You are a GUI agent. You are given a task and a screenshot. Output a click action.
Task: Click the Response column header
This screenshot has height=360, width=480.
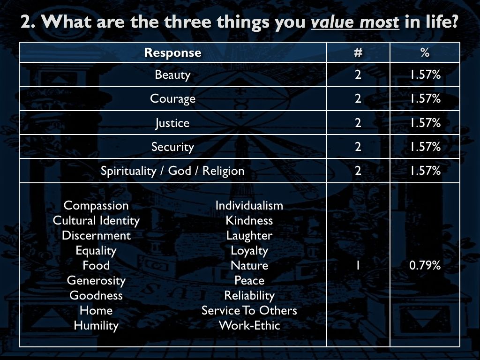coord(172,52)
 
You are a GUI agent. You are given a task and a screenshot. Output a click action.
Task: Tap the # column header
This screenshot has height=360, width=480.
coord(358,52)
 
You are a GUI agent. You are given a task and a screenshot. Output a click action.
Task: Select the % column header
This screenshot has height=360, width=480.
coord(425,52)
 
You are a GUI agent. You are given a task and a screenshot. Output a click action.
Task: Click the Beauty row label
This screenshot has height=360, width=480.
coord(172,75)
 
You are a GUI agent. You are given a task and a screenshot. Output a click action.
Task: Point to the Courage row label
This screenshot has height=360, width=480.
coord(172,99)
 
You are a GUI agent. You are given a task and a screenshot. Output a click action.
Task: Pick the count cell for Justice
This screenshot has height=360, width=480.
coord(358,123)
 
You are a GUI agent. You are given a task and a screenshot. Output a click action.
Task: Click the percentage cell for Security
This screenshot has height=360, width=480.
coord(425,147)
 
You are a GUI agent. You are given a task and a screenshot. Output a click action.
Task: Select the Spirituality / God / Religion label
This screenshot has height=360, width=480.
coord(172,171)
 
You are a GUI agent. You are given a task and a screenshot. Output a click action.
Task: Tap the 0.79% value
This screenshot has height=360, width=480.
coord(425,265)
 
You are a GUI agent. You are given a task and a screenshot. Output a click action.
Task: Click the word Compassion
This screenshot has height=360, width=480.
coord(96,206)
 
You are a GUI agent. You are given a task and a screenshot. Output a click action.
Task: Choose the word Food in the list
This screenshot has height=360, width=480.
coord(96,265)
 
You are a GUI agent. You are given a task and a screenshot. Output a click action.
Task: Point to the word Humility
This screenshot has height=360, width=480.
coord(96,325)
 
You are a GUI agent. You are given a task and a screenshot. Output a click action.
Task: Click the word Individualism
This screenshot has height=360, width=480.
coord(249,205)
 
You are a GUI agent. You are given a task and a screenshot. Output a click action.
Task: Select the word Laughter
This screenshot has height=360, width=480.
coord(249,236)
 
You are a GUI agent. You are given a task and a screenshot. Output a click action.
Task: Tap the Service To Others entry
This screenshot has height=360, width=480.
coord(249,310)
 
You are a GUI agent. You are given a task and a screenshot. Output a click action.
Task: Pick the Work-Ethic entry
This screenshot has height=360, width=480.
coord(249,325)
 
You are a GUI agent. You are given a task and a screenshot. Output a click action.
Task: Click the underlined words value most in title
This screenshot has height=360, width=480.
coord(355,22)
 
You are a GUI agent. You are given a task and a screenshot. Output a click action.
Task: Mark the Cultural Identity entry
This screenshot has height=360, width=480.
coord(96,221)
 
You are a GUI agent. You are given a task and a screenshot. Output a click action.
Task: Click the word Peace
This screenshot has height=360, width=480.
coord(249,280)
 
